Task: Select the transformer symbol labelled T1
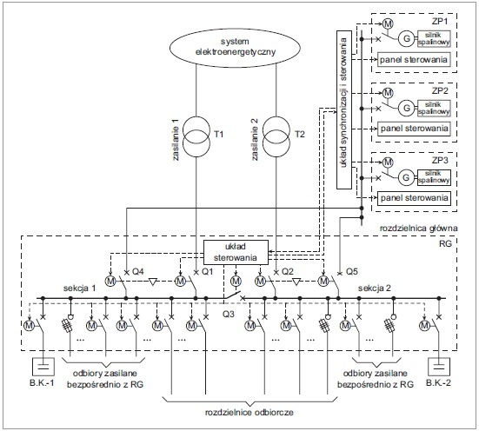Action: tap(196, 136)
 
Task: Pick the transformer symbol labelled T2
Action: tap(276, 136)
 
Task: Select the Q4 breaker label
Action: tap(137, 271)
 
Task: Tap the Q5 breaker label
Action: tap(351, 271)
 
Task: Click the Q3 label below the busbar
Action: tap(228, 314)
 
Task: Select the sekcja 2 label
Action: tap(375, 288)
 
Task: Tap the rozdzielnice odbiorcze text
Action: tap(249, 413)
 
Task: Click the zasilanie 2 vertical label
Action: tap(255, 140)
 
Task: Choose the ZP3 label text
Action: tap(440, 160)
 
